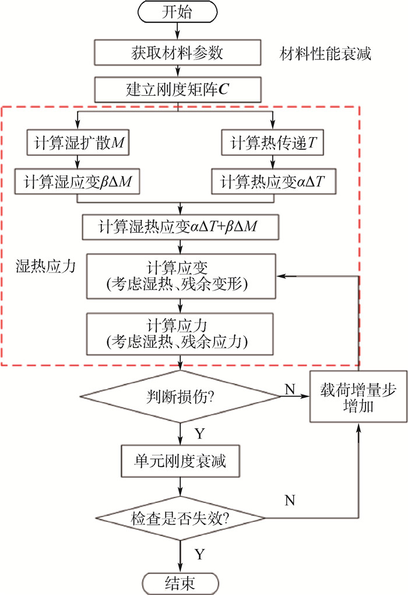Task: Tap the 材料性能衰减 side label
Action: (325, 55)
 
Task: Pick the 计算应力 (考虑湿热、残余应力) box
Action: (180, 333)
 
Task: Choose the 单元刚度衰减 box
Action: (180, 462)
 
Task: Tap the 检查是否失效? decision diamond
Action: (180, 517)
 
